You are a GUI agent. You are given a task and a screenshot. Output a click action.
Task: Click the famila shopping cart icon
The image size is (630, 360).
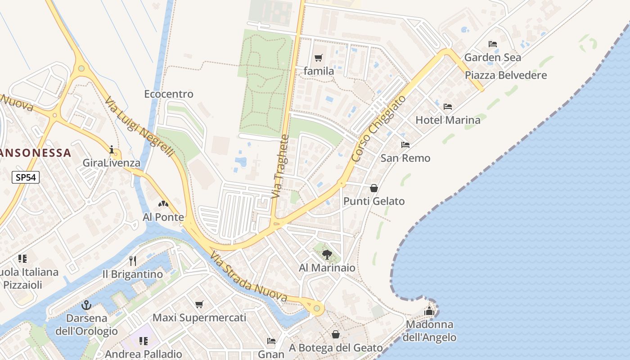point(319,58)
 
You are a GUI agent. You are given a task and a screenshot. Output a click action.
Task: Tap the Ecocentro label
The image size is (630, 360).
point(169,94)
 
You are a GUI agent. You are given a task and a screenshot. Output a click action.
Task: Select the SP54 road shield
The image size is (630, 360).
point(26,177)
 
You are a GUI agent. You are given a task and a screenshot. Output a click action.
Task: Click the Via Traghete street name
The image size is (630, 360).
point(279,166)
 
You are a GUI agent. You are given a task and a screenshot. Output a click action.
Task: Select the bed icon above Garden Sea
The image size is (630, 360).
point(493,44)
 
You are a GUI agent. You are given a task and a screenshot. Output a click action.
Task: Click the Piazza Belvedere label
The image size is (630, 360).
point(506,75)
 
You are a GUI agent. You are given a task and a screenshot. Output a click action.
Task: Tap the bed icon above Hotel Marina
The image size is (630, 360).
point(448,107)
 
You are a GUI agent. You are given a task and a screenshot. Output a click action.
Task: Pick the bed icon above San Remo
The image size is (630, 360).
point(405,145)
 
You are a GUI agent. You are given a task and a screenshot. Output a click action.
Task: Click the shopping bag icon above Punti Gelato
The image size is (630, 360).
point(374,188)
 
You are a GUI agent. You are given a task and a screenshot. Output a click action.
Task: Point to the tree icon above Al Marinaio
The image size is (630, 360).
point(327,255)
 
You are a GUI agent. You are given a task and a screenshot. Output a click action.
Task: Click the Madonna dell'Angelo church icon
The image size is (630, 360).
point(429,311)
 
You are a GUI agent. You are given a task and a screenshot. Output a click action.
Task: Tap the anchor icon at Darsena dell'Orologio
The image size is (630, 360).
point(86,306)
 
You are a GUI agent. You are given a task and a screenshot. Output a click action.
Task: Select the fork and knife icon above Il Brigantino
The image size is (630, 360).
point(132,261)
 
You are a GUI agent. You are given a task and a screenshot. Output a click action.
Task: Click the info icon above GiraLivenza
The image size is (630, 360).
point(112,150)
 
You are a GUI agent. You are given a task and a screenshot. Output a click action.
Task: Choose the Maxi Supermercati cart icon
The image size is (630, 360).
point(199,305)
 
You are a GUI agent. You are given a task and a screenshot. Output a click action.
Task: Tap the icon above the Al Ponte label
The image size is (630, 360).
point(163,204)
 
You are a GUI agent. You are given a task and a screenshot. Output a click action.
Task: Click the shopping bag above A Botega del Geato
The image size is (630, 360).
point(336,334)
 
